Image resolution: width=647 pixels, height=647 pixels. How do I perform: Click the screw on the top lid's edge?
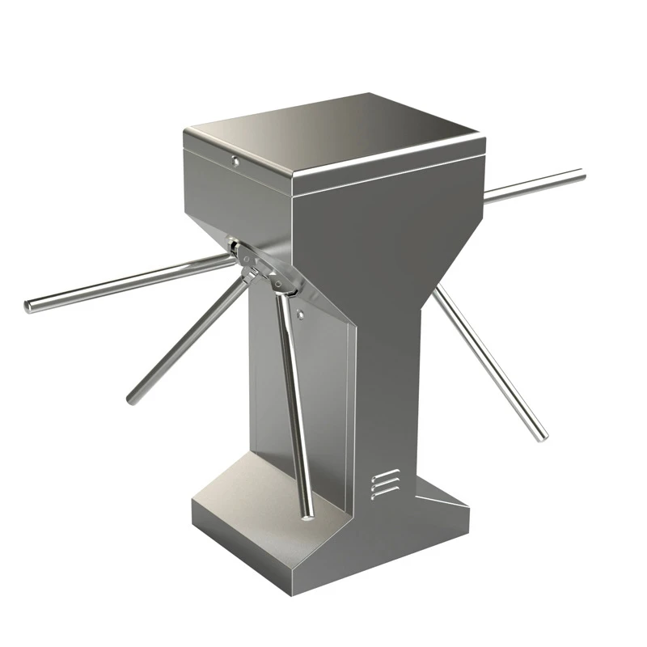[x=235, y=160]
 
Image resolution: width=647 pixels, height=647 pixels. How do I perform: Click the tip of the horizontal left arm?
[x=29, y=307]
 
